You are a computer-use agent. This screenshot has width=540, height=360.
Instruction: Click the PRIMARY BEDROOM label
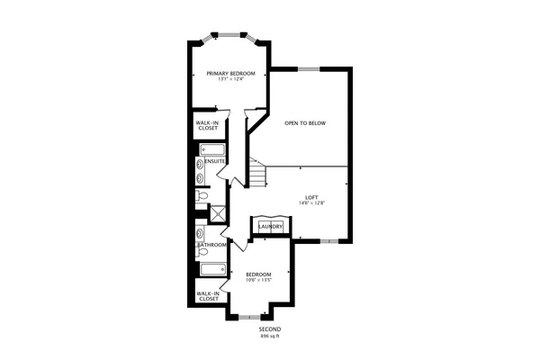(230, 73)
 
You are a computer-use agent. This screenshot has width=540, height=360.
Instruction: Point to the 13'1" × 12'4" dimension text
(230, 80)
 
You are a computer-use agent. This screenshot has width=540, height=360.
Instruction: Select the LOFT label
(311, 197)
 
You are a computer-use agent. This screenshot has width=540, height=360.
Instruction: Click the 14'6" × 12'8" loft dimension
(311, 204)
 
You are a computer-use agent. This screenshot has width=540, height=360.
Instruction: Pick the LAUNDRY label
(270, 227)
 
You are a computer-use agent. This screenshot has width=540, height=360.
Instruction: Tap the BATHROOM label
(212, 245)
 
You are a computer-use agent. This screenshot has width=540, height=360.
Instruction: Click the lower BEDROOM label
(258, 273)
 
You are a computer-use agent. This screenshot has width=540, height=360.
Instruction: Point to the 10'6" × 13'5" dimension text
(258, 280)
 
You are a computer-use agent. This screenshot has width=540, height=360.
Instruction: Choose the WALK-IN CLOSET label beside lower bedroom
(208, 294)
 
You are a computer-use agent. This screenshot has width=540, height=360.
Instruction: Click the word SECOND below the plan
(270, 329)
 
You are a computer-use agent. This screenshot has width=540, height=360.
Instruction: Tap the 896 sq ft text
(270, 337)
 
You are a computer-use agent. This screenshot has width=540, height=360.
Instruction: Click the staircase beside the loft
(259, 173)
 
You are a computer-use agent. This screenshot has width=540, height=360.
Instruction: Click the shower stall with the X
(217, 213)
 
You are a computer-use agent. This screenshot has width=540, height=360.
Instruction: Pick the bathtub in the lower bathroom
(211, 268)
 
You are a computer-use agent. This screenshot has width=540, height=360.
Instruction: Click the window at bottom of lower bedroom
(248, 316)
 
